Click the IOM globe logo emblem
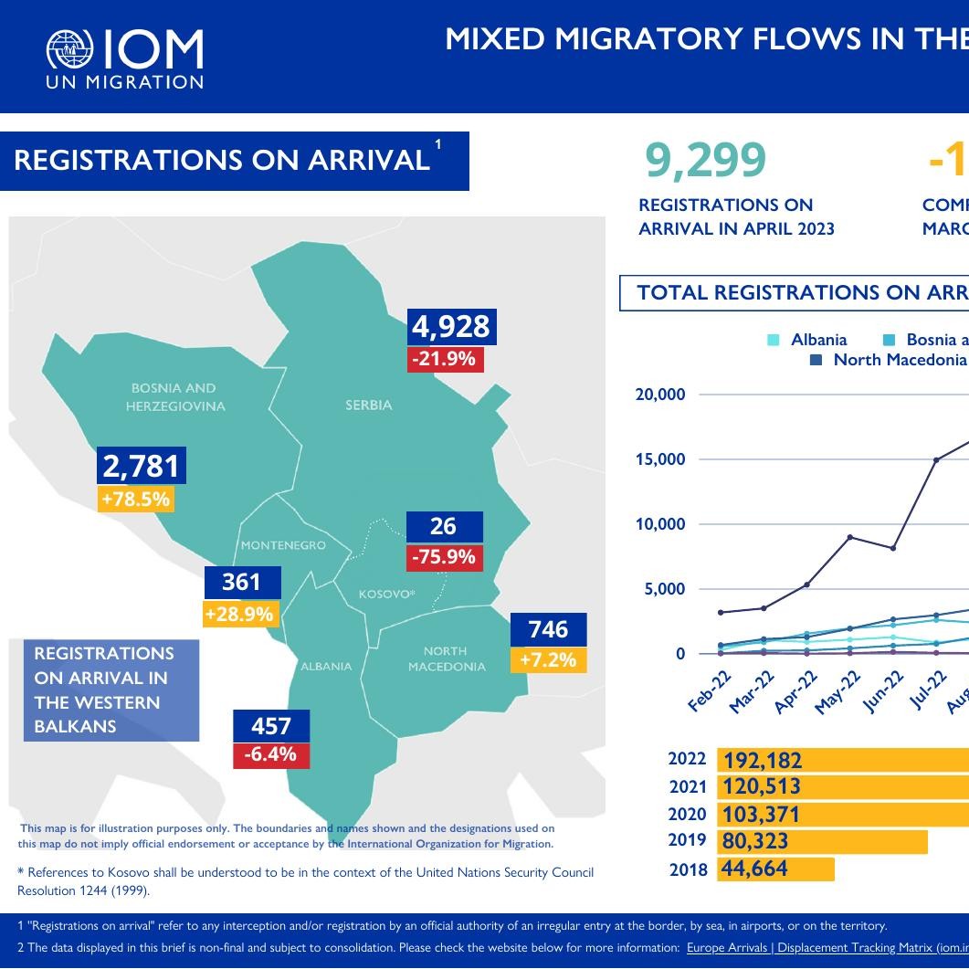coord(70,51)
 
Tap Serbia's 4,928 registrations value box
coord(451,326)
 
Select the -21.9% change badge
coord(445,359)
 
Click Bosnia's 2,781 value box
coord(141,466)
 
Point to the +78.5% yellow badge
coord(136,500)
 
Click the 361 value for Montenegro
coord(241,582)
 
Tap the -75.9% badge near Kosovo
coord(444,557)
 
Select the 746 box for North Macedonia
coord(548,628)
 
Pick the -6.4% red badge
coord(270,754)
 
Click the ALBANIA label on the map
coord(326,666)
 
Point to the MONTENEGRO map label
coord(283,545)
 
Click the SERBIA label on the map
coord(369,405)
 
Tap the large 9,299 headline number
coord(705,161)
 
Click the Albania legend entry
coord(808,340)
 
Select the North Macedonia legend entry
coord(890,360)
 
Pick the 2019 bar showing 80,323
coord(822,841)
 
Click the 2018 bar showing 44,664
coord(776,869)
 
